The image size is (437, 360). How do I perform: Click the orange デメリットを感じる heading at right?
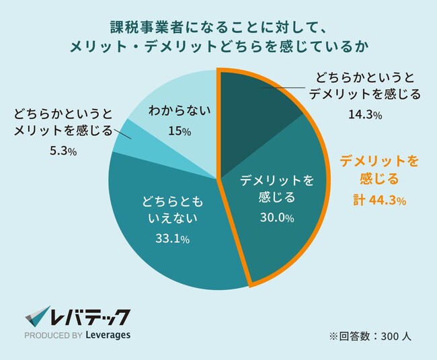pos(380,170)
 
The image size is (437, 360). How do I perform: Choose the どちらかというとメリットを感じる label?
pos(61,122)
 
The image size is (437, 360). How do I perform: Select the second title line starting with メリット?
pos(218,48)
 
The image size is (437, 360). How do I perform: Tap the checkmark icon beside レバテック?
pos(38,317)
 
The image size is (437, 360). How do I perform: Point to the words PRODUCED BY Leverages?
pos(77,334)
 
